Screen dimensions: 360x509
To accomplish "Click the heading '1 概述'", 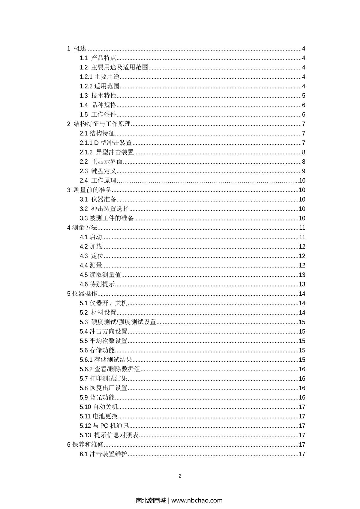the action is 77,49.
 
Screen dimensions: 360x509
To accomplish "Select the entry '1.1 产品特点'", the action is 98,58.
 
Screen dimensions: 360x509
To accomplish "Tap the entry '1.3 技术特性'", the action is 98,96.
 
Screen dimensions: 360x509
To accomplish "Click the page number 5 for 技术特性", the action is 304,96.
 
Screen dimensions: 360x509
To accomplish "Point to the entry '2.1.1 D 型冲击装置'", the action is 106,143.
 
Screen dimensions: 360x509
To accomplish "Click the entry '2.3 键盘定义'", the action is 98,171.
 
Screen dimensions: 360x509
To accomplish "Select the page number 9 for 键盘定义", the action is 304,171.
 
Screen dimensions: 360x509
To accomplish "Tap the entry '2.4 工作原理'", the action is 98,181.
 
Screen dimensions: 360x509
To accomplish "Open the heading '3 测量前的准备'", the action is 89,190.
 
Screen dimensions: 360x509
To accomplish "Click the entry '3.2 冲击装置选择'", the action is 104,209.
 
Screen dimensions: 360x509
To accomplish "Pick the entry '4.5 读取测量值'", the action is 100,275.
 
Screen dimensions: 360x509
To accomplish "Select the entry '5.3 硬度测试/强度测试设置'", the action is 118,322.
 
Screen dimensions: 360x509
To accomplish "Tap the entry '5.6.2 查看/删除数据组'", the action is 110,369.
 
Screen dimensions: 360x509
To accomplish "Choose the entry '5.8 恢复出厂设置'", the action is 104,388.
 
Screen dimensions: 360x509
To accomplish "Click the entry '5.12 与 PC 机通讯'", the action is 104,426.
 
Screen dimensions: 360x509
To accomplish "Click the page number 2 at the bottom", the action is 180,476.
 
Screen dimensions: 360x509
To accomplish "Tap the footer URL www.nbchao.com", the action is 197,500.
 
